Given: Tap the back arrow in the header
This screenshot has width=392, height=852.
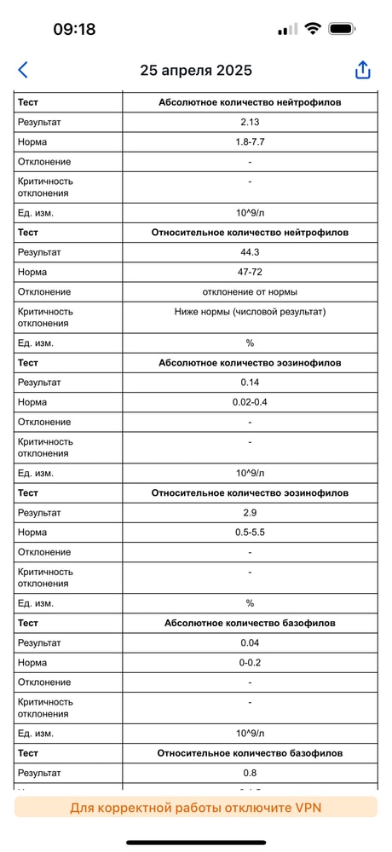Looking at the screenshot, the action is [23, 70].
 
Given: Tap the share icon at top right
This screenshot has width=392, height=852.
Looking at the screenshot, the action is [363, 70].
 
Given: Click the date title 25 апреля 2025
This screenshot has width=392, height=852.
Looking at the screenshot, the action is [196, 71].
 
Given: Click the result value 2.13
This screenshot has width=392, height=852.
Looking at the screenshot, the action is [250, 122].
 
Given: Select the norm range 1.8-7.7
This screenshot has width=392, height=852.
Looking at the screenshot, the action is [250, 141].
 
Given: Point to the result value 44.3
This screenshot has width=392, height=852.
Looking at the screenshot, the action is [250, 252].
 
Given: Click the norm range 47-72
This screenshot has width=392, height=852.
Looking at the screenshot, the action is [250, 272].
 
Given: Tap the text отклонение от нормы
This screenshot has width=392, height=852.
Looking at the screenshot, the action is [250, 291].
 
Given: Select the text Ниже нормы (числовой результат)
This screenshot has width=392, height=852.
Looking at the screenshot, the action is [250, 311].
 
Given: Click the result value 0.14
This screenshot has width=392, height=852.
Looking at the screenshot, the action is [250, 383].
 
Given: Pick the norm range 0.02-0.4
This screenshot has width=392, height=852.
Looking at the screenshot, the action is [250, 402].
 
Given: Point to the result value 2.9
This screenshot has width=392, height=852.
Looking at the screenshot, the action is [250, 513].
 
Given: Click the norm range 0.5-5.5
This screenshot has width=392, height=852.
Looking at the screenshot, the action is [250, 532].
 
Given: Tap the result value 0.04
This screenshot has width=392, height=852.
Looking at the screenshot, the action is [250, 642].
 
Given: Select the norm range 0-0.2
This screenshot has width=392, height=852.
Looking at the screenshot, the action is [250, 662].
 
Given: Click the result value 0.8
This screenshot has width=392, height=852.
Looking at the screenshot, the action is [250, 773].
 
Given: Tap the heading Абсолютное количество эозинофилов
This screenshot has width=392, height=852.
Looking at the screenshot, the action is [250, 363].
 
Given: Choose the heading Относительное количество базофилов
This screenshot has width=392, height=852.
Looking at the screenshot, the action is [250, 753].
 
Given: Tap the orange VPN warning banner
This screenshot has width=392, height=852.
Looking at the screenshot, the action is [196, 807].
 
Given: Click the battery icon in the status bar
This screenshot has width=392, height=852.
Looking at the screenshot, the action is [342, 29].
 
